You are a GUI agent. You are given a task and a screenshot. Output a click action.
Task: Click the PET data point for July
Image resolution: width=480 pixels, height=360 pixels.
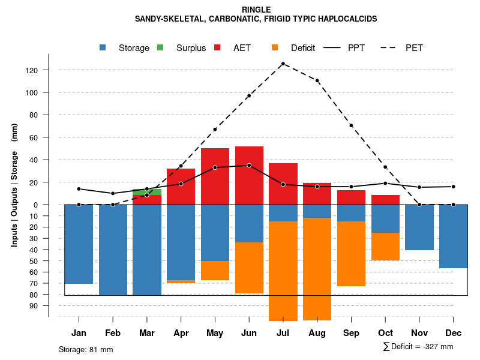coord(283,64)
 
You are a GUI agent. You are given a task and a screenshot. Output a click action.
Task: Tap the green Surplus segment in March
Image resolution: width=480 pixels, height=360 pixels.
coord(147,192)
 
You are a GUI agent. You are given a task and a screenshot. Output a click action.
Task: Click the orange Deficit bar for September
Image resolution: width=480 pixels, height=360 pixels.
coord(352,254)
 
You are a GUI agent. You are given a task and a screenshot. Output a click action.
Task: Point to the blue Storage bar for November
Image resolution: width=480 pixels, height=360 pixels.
coord(419,227)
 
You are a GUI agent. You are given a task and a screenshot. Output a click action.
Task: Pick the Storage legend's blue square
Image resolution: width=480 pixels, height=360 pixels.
coord(103,47)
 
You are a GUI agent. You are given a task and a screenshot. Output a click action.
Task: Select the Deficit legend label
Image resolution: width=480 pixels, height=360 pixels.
coord(303,48)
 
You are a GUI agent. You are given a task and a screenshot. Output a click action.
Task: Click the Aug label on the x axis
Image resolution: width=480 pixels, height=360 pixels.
coord(317,333)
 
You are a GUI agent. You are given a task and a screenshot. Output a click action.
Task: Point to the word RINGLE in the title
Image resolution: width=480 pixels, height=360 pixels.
coord(256,10)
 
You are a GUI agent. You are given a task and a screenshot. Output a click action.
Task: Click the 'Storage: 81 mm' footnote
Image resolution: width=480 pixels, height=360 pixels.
coord(86,349)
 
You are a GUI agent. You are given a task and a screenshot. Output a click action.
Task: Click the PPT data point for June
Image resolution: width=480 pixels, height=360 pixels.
coord(249,165)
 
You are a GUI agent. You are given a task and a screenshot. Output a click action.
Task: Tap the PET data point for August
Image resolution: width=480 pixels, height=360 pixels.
coord(317,80)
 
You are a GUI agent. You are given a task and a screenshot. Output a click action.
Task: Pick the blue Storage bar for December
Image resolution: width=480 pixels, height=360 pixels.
coord(454,236)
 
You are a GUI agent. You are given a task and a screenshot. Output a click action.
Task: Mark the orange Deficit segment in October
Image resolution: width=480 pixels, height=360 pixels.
coord(385,247)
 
